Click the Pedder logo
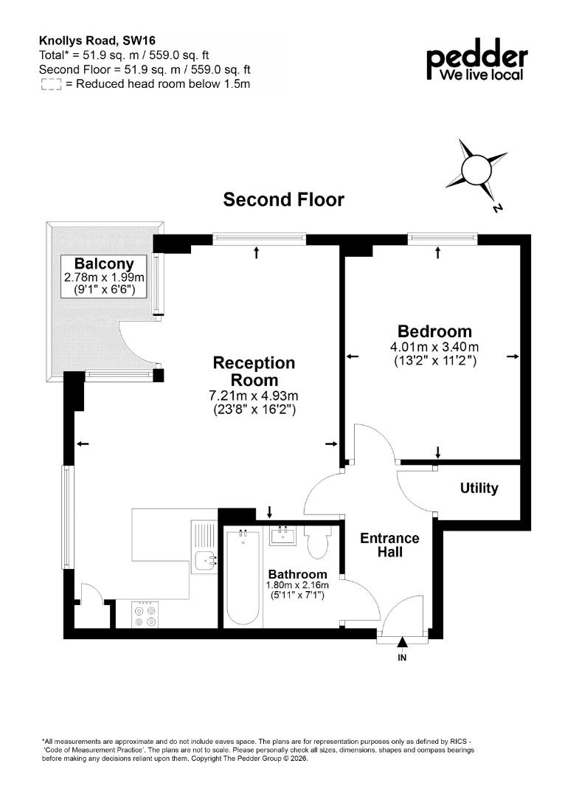477,60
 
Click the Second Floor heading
283,199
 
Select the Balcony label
104,263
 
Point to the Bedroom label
434,331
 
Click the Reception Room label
254,371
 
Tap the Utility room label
479,488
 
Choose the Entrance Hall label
389,545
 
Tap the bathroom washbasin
283,536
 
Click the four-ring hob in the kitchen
145,615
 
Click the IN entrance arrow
402,643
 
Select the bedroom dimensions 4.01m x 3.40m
434,348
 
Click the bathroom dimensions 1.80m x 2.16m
298,585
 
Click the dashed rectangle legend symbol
51,84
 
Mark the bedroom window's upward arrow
438,252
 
